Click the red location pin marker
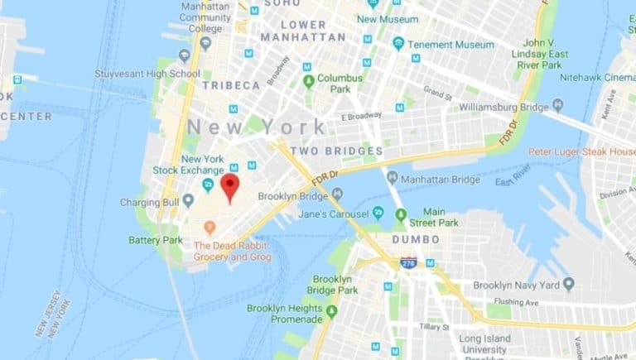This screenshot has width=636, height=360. click(x=229, y=187)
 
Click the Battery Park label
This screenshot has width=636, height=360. click(x=155, y=240)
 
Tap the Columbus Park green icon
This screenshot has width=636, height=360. click(x=309, y=81)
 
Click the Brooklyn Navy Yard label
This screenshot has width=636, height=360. click(x=514, y=285)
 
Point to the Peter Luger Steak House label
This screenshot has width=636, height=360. click(x=582, y=152)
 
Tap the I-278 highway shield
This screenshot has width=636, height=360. click(x=408, y=262)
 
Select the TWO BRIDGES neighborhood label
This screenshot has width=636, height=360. click(x=337, y=151)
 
